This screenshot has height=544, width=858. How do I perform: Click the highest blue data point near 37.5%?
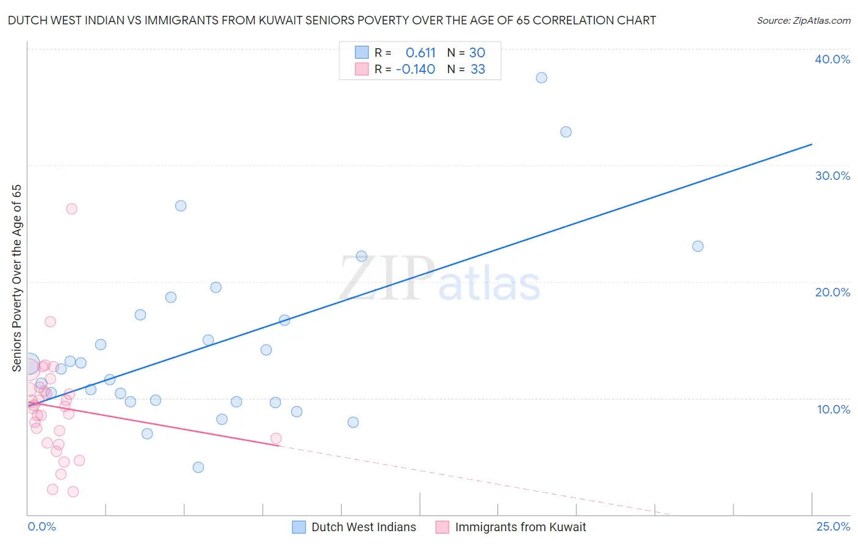(541, 77)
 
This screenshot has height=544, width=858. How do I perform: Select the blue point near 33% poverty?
(566, 132)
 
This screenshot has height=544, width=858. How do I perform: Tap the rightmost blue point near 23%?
(698, 246)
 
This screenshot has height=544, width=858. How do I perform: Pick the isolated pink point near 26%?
(71, 209)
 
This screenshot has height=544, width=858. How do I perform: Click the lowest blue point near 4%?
(198, 467)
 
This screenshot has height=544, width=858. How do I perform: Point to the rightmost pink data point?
(276, 438)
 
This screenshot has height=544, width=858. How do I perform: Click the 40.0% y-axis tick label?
(832, 59)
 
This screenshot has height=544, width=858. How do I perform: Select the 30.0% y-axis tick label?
(832, 176)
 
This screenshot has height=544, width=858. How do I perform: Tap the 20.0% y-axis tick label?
(832, 292)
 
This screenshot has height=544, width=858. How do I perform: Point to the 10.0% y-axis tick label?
(834, 409)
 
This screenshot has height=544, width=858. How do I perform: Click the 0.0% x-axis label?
(41, 527)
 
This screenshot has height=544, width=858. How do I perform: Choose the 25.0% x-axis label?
(833, 527)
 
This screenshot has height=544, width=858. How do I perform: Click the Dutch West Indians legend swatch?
(299, 527)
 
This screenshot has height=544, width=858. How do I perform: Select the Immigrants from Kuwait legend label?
(521, 527)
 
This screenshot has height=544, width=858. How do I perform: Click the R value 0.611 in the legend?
(420, 52)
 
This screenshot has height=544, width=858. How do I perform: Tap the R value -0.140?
(416, 70)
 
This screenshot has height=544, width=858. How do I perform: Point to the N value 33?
(478, 70)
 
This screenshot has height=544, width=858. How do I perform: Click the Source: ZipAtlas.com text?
(803, 21)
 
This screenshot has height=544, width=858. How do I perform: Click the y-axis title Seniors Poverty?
(16, 278)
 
